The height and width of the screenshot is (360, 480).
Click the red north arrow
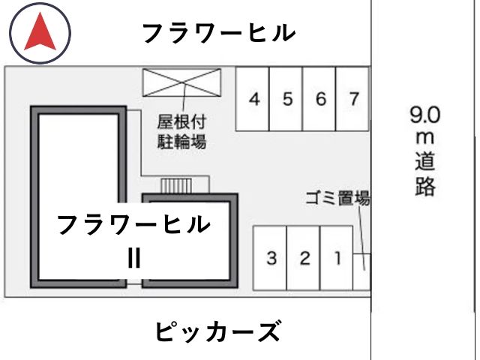40,34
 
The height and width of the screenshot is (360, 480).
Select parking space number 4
252,99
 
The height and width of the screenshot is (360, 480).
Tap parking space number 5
286,99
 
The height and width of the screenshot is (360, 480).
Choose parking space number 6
319,99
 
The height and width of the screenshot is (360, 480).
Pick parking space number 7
352,99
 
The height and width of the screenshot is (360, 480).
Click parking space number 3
270,258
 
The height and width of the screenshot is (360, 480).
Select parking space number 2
303,258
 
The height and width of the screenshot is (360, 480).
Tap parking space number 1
337,258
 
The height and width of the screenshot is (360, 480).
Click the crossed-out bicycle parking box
181,82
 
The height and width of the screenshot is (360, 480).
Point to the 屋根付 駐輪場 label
181,132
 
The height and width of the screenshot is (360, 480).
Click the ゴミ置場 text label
338,198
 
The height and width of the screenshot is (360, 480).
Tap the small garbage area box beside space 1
361,271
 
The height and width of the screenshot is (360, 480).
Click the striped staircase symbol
176,186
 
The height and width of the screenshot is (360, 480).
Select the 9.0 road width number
425,115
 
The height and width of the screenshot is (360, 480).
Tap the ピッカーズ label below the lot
218,331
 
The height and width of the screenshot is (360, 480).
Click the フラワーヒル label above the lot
219,33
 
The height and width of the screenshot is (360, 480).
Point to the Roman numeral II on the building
134,258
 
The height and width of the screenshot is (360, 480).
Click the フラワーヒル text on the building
133,224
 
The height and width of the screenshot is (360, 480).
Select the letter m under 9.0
425,138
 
